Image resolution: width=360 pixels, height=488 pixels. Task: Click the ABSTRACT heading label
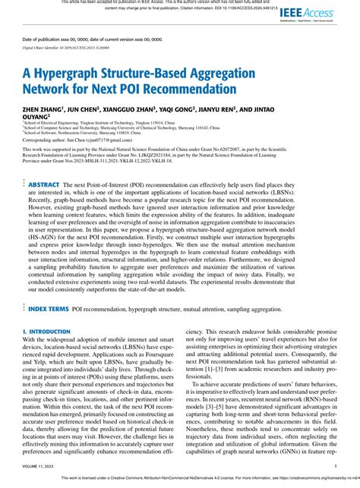tap(43, 184)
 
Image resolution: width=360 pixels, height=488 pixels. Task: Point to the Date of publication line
tap(84, 39)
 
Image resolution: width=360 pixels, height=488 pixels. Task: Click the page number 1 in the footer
tap(335, 466)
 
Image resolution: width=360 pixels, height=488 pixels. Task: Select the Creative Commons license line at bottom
tap(205, 478)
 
